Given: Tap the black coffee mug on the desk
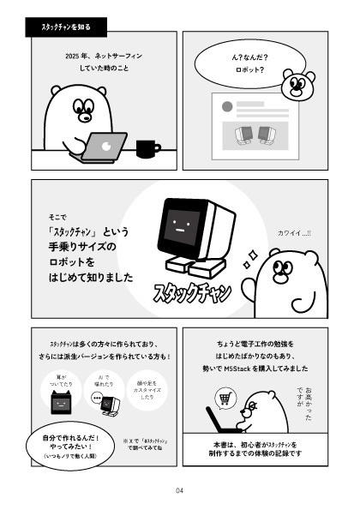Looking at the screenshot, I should click(147, 148).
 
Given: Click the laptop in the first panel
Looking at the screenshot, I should click(105, 147).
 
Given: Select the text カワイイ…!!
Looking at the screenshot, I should click(295, 232).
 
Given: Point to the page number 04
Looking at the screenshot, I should click(179, 490).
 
